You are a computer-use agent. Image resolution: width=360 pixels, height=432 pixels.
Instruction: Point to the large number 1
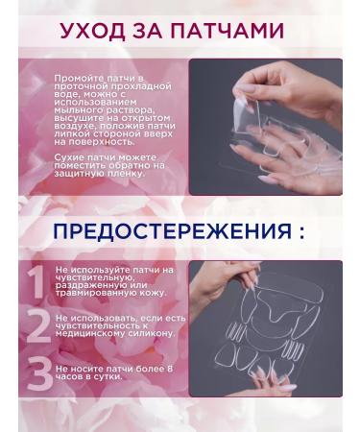tap(36, 281)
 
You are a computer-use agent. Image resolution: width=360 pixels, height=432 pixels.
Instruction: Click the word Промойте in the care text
tap(76, 76)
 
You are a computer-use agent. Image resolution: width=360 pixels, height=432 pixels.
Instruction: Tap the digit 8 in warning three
tap(169, 368)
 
